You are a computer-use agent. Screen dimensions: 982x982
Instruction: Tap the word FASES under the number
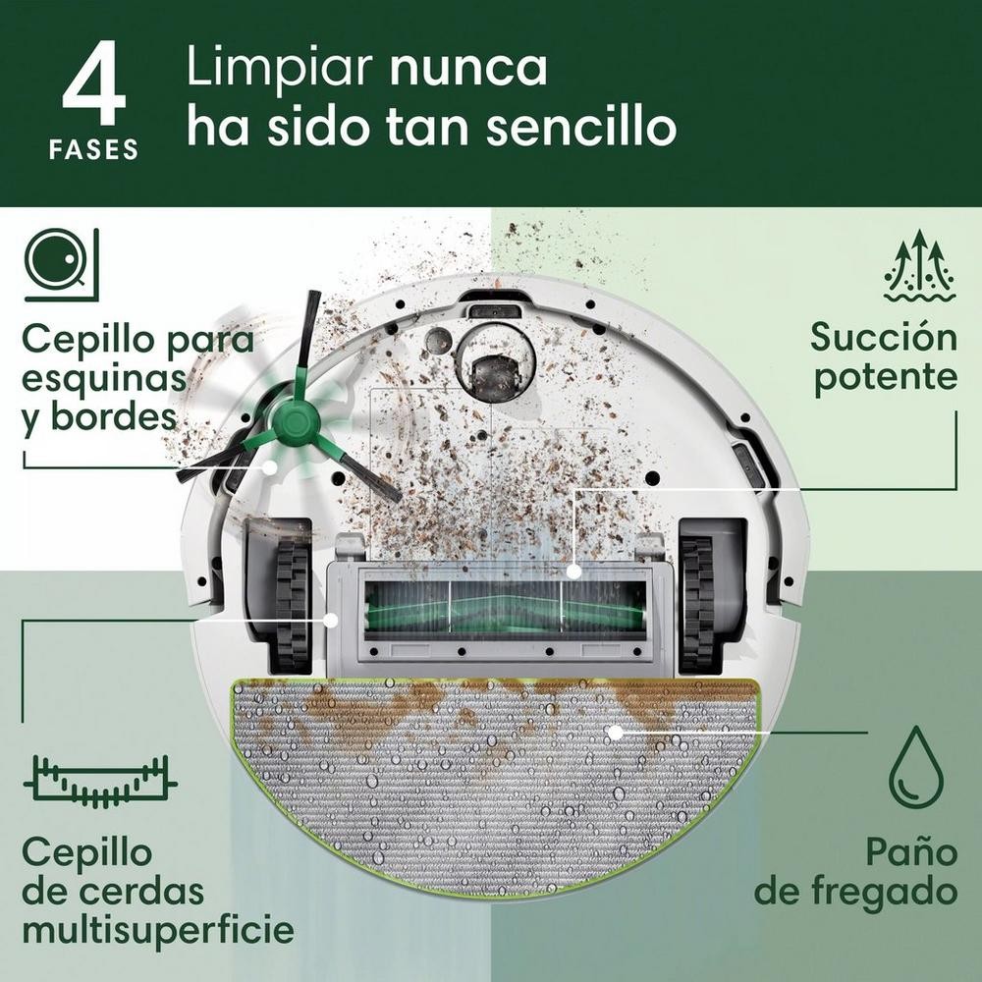pyautogui.click(x=94, y=150)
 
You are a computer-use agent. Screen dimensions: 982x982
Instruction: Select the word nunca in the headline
pyautogui.click(x=468, y=69)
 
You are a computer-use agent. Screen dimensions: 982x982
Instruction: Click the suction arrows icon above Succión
pyautogui.click(x=919, y=265)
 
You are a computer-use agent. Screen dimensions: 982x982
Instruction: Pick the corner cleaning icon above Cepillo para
pyautogui.click(x=61, y=263)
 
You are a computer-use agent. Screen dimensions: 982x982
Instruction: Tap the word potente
pyautogui.click(x=885, y=378)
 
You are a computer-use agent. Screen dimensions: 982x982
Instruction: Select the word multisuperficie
pyautogui.click(x=157, y=929)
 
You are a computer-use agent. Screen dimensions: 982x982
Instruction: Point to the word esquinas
pyautogui.click(x=103, y=378)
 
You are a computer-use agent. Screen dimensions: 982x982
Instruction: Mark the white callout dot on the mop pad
pyautogui.click(x=615, y=731)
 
